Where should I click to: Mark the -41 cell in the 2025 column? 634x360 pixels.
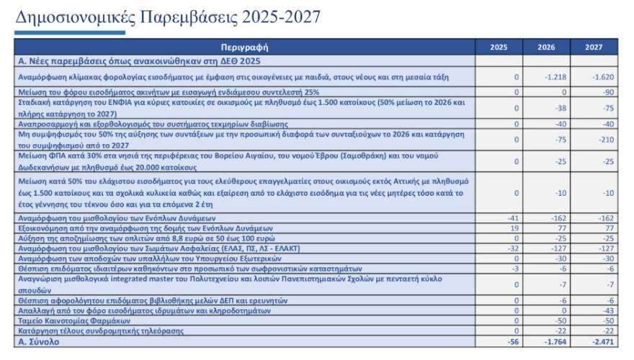[x=512, y=217]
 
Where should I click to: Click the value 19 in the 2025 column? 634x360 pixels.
[x=514, y=227]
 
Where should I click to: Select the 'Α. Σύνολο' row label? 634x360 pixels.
[x=40, y=342]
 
